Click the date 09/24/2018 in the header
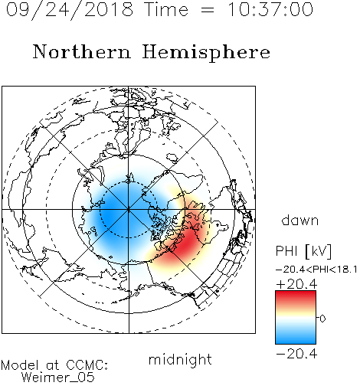point(70,9)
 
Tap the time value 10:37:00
point(270,9)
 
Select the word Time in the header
point(166,9)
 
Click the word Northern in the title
point(82,51)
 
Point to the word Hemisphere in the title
point(206,52)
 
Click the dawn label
point(300,220)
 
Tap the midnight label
point(180,359)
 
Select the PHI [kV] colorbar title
point(303,251)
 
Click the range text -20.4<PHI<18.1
point(316,270)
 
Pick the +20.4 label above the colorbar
point(296,284)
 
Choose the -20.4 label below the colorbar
point(296,354)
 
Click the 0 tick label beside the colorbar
point(322,319)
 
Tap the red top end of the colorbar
point(296,293)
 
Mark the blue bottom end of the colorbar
point(296,342)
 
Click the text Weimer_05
point(58,378)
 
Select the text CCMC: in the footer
point(87,365)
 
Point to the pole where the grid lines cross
point(129,210)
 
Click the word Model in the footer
point(20,365)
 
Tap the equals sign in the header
point(208,10)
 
